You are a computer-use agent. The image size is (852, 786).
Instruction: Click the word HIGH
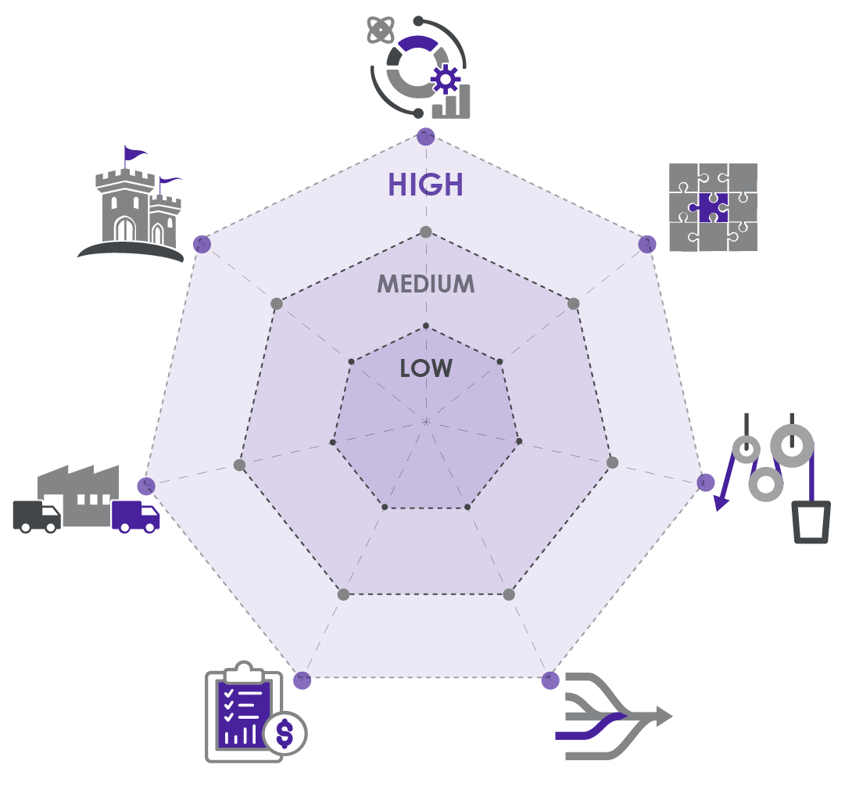(425, 185)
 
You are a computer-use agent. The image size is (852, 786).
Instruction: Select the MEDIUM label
(426, 284)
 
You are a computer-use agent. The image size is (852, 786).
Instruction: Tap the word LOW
(426, 368)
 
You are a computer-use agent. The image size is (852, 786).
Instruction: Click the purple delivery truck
(135, 516)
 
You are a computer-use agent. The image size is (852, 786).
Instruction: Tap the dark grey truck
(36, 517)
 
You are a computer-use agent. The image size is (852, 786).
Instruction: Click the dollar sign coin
(285, 733)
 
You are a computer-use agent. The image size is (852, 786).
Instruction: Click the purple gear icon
(446, 79)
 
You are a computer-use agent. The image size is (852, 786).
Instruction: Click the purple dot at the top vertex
(425, 136)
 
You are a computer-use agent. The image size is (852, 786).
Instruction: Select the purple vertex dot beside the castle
(202, 244)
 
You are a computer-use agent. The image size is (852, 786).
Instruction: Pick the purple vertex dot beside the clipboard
(302, 680)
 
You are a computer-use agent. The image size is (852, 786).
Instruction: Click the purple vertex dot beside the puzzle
(647, 244)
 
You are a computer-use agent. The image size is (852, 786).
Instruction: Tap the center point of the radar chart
(426, 422)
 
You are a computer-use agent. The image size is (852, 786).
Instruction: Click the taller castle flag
(134, 152)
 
